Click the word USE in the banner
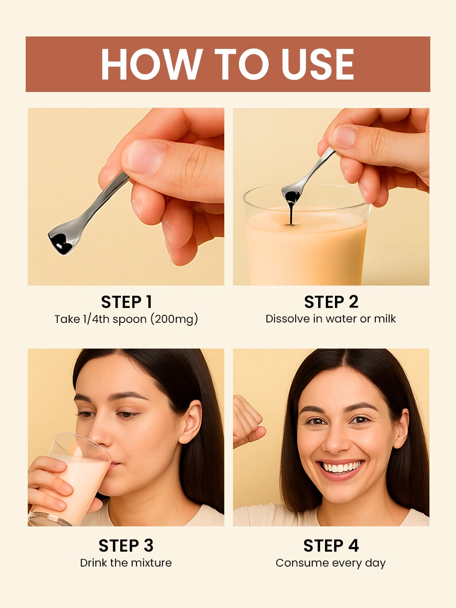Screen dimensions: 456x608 coord(318,64)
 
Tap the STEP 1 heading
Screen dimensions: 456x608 coord(126,302)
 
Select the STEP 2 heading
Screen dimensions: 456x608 coord(331,302)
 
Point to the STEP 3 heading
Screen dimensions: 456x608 coord(126,546)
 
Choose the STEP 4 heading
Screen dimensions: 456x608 coord(331,546)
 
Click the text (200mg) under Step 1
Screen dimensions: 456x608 coord(174,320)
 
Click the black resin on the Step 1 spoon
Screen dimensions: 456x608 coord(61,244)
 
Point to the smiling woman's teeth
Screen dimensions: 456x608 coord(343,467)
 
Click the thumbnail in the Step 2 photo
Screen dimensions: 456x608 coord(345,136)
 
